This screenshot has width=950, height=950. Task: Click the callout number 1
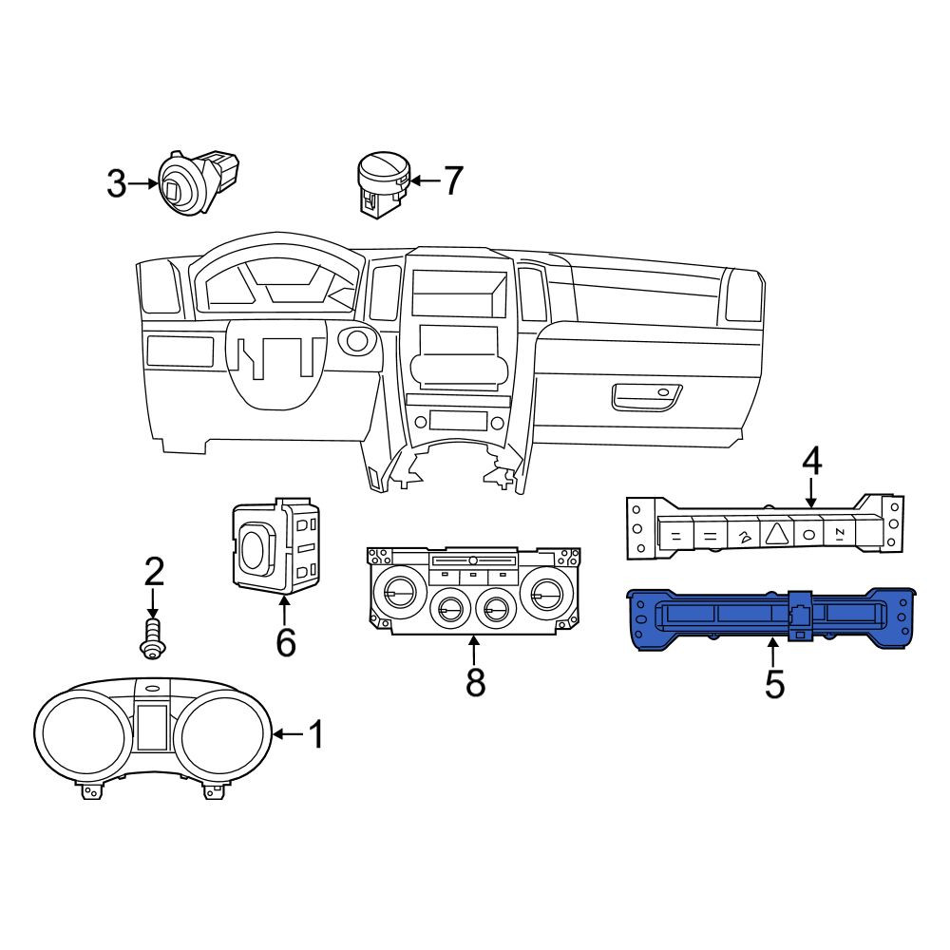tap(316, 734)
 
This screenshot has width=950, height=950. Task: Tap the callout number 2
tap(154, 572)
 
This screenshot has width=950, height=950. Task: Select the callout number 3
tap(117, 183)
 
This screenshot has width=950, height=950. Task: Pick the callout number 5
tap(774, 685)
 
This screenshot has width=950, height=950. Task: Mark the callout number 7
tap(453, 180)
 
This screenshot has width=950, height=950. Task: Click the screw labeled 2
tap(152, 638)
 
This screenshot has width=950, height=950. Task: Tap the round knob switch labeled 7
tap(384, 184)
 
